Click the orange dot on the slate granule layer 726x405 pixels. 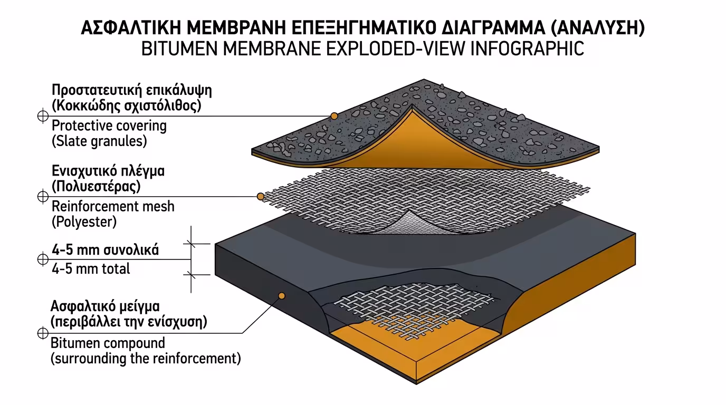pyautogui.click(x=333, y=116)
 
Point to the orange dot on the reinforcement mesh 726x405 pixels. pyautogui.click(x=260, y=197)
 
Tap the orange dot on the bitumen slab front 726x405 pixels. pyautogui.click(x=282, y=296)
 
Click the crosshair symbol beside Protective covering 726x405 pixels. pyautogui.click(x=43, y=116)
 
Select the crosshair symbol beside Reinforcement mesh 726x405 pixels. pyautogui.click(x=43, y=197)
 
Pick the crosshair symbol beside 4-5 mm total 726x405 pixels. pyautogui.click(x=43, y=259)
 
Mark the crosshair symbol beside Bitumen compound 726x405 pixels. pyautogui.click(x=43, y=333)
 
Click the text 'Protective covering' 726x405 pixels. pyautogui.click(x=109, y=127)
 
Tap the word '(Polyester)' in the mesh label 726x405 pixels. pyautogui.click(x=84, y=221)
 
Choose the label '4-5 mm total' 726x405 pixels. pyautogui.click(x=91, y=269)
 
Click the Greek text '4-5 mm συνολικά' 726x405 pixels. pyautogui.click(x=105, y=249)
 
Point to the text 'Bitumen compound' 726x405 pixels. pyautogui.click(x=108, y=343)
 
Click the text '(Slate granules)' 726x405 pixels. pyautogui.click(x=99, y=141)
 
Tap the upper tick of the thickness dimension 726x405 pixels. pyautogui.click(x=190, y=244)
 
